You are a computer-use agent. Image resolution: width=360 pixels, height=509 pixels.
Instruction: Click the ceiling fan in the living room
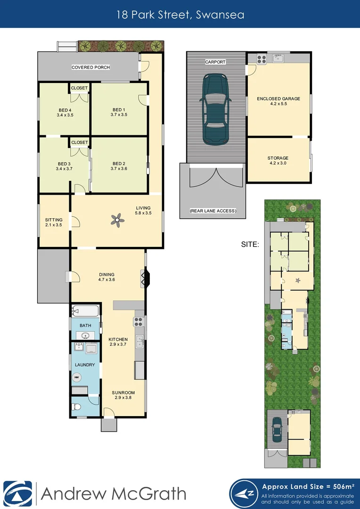(117, 219)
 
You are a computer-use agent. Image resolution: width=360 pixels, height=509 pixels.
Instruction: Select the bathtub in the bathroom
(85, 311)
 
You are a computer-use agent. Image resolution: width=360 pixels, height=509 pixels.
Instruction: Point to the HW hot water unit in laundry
(76, 377)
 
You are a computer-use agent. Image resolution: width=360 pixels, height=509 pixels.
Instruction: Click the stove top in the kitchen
(139, 322)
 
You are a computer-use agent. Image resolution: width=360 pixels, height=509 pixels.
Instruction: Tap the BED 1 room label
(119, 112)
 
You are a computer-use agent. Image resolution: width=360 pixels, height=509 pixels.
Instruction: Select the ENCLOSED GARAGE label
(278, 101)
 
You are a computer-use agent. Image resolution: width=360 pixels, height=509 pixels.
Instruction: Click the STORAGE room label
(278, 160)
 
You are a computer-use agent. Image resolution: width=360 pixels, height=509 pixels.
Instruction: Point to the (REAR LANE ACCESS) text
(213, 211)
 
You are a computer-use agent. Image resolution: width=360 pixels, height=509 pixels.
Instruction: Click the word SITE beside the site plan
(249, 244)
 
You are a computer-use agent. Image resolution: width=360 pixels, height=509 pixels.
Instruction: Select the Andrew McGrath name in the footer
(113, 493)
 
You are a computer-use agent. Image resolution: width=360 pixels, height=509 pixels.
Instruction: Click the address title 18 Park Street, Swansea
(180, 14)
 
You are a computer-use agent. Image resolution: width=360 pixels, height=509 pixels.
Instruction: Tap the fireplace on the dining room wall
(144, 278)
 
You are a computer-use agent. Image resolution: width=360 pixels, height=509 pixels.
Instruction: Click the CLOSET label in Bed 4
(80, 88)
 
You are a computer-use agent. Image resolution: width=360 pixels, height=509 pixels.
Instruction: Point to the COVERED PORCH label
(90, 67)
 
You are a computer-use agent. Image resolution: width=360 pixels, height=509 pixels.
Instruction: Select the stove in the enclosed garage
(261, 59)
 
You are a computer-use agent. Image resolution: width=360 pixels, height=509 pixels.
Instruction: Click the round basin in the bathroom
(85, 336)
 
